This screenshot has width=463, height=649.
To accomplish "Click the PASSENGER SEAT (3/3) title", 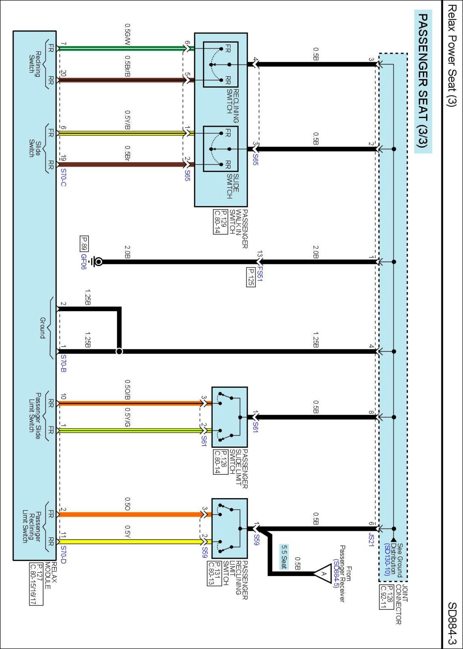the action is coord(423,81).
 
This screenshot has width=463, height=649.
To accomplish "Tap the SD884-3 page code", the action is coord(452,623).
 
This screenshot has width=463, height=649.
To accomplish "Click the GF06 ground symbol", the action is coord(97,262).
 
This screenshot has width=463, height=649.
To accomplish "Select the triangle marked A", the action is coord(323,574).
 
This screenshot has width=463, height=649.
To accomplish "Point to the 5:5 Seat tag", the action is coord(284,557).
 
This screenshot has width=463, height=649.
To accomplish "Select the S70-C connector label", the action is coord(64,178).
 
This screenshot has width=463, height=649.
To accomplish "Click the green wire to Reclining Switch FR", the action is coord(123,49).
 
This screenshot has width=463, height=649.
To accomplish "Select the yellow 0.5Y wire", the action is coord(130,542).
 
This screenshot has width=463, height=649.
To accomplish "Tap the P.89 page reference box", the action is coord(84,244).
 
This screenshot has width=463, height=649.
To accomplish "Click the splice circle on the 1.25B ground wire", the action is coord(119,351).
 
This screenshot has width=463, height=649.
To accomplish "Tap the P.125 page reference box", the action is coord(251,277).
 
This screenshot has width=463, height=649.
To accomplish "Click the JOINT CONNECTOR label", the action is coord(402,604).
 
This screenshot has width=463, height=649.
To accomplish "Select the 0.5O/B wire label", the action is coord(127,390).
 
